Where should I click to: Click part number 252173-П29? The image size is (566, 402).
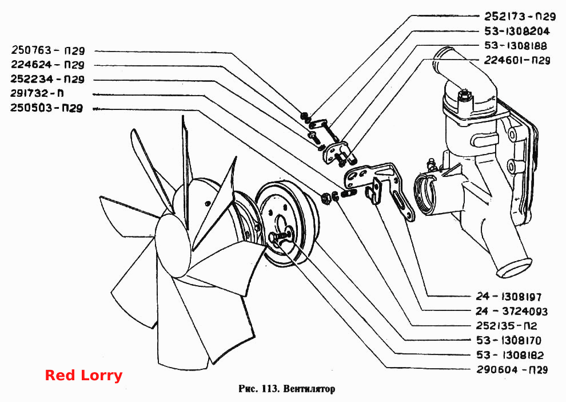[520, 16]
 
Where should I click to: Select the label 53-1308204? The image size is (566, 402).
[517, 31]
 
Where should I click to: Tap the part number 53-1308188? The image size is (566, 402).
[516, 46]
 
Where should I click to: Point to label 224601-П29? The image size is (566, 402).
[517, 60]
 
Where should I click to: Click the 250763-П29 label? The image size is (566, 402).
[48, 50]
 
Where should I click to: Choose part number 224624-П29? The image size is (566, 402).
[47, 65]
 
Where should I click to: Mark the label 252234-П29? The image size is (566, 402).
[47, 79]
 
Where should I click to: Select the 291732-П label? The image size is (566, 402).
[37, 93]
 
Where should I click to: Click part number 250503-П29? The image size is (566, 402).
[46, 108]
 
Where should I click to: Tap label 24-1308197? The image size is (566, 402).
[509, 297]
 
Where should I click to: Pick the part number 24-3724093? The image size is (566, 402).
[512, 312]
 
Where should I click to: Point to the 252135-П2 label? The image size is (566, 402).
[507, 326]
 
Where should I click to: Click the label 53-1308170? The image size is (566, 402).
[509, 340]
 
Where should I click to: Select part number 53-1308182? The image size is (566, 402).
[510, 355]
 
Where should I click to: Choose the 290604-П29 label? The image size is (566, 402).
[512, 369]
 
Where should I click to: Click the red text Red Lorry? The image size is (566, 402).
[83, 375]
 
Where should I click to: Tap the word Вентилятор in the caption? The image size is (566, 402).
[309, 389]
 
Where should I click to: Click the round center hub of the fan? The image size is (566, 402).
[173, 246]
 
